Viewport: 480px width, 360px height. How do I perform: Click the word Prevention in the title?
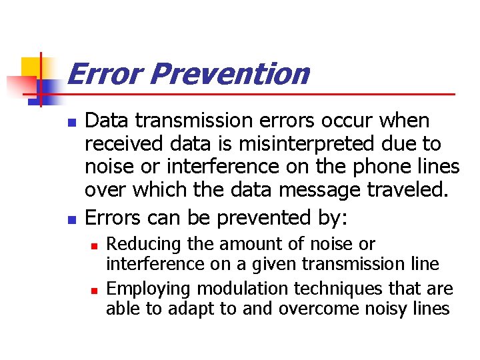tap(229, 74)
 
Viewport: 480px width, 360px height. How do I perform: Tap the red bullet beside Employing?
tap(94, 291)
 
